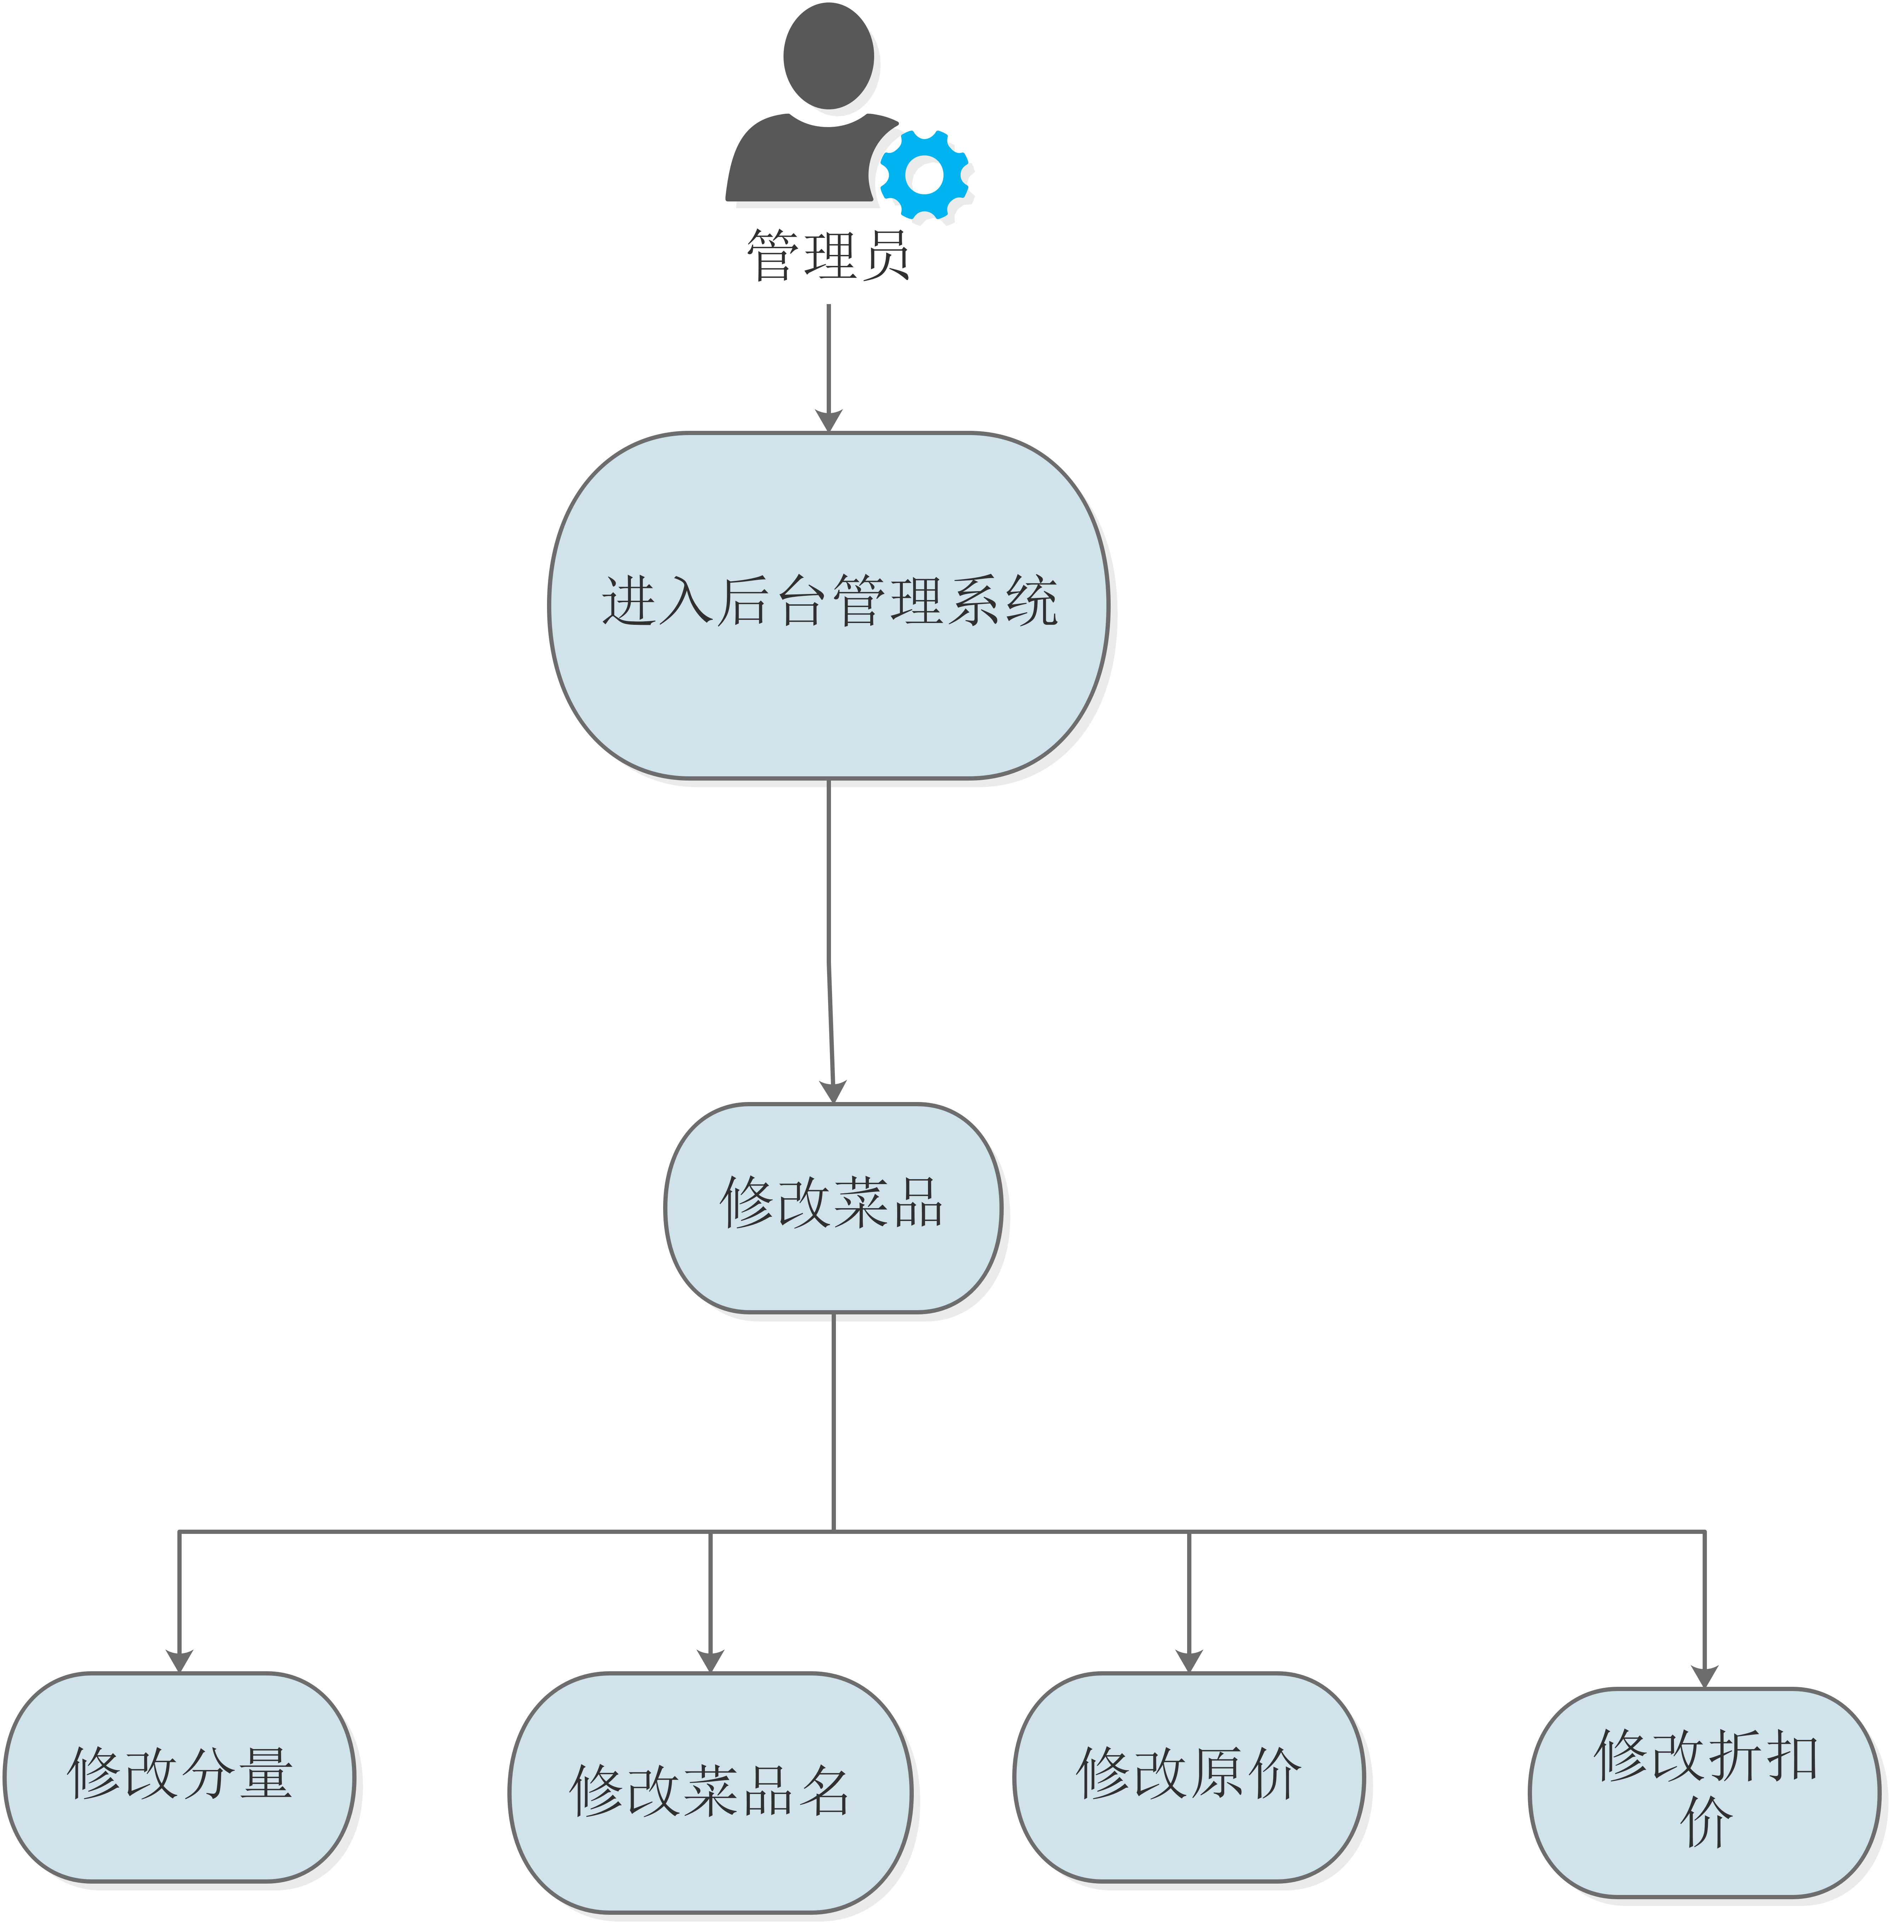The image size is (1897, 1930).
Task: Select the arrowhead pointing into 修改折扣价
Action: click(x=1705, y=1676)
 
